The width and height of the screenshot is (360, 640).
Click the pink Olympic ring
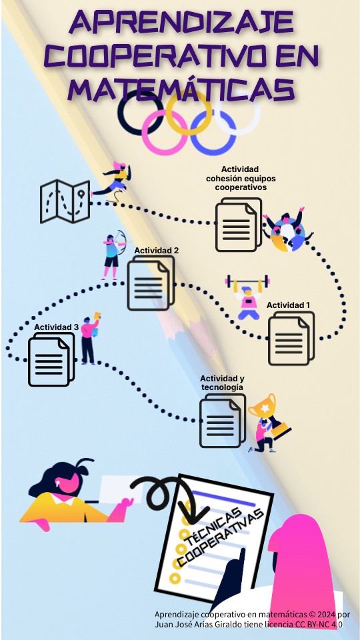click(165, 132)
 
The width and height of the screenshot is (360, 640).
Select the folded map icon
click(65, 201)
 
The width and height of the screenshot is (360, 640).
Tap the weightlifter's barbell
click(247, 281)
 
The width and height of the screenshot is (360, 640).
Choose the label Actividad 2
click(156, 251)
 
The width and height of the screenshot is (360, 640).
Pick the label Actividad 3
click(56, 327)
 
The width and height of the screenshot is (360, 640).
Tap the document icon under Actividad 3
click(51, 359)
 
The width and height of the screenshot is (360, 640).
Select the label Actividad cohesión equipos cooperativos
click(241, 179)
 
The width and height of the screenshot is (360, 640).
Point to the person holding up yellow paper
click(90, 338)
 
